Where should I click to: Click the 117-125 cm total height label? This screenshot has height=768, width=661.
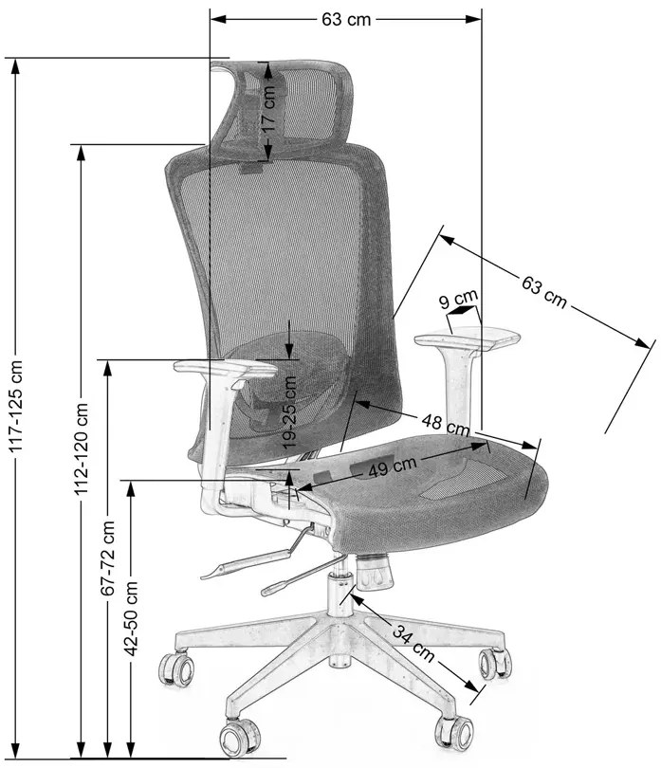[16, 406]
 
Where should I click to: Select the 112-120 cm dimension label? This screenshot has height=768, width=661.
[81, 448]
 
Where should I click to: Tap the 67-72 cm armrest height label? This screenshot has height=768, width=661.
[107, 558]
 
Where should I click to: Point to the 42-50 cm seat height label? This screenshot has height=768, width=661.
[130, 618]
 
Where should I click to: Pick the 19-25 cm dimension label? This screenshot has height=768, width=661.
[289, 411]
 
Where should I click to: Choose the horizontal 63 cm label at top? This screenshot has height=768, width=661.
[346, 20]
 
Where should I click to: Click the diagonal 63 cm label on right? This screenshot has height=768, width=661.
[544, 292]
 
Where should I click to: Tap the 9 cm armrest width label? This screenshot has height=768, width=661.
[458, 299]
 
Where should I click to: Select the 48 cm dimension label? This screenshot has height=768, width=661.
[446, 425]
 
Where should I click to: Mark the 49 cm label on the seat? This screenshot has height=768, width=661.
[392, 466]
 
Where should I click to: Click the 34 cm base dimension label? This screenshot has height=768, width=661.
[413, 643]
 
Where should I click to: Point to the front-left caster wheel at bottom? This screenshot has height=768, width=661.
[240, 738]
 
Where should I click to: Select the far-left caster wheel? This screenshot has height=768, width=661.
[176, 668]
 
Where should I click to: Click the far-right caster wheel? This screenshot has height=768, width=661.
[495, 664]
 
